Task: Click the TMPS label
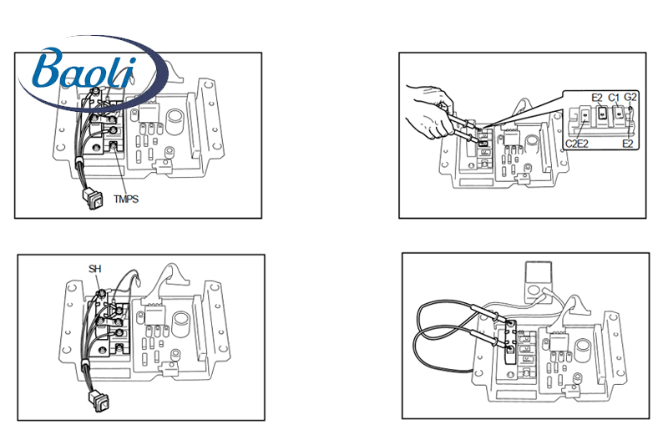point(126,200)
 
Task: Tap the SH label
point(94,269)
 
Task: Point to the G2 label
point(630,98)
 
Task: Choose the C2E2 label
point(578,144)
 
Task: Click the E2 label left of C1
point(597,98)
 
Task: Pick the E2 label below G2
point(628,144)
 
